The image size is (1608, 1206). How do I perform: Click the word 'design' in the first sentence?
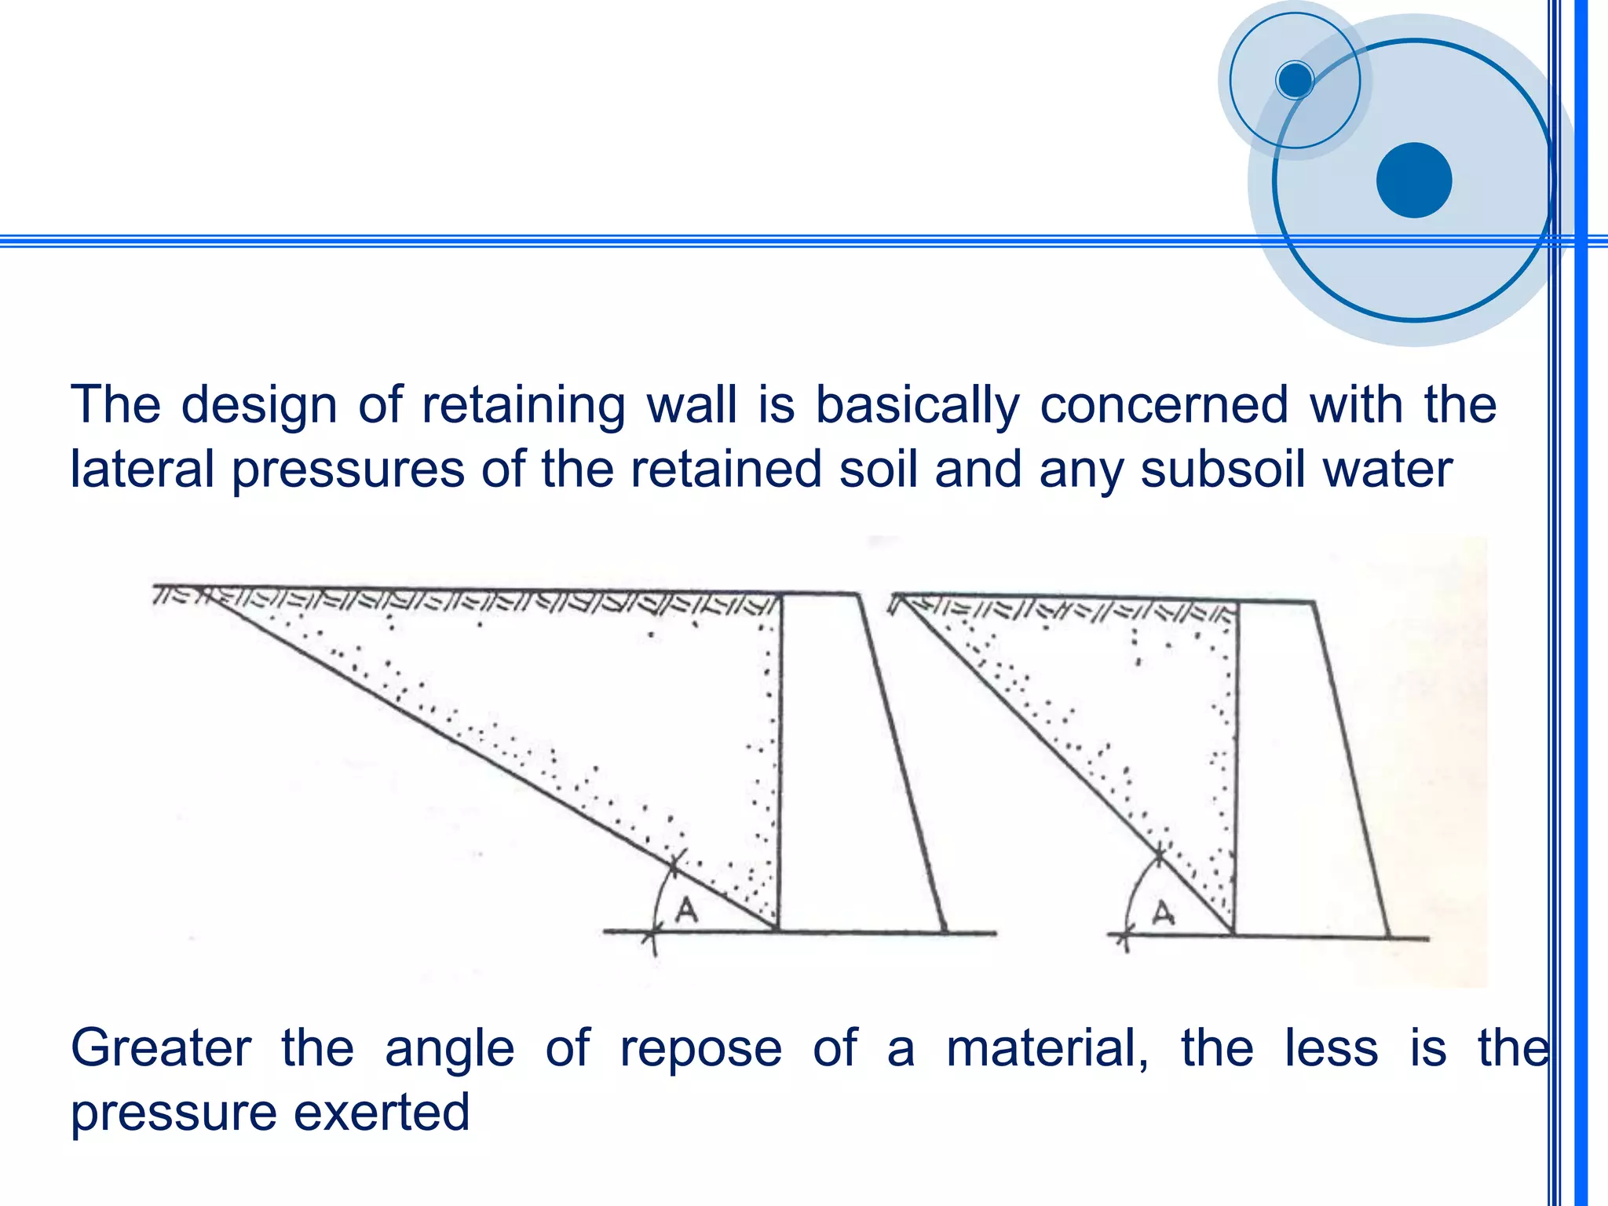point(259,407)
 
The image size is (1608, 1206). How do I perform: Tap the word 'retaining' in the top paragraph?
point(523,407)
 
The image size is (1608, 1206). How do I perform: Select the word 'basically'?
point(917,407)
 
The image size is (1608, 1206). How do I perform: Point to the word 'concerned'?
point(1164,405)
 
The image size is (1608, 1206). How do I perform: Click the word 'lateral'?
point(142,470)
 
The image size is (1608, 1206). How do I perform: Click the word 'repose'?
point(701,1051)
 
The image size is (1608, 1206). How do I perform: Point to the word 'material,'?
point(1047,1049)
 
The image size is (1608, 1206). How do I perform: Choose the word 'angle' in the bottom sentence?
point(449,1051)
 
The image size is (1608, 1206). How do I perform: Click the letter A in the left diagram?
point(687,910)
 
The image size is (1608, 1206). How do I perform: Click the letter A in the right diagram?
point(1163,913)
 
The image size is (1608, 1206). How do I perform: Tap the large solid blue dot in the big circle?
point(1414,180)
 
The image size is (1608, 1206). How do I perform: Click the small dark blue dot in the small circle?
point(1295,79)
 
